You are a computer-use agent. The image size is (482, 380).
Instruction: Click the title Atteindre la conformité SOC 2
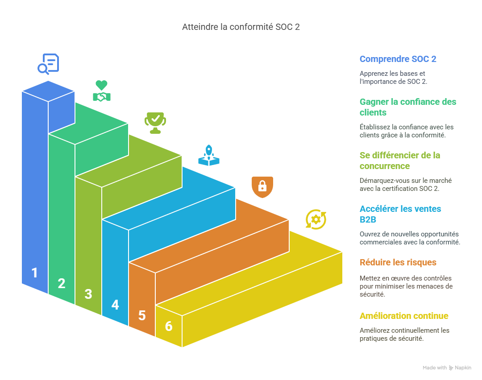(241, 27)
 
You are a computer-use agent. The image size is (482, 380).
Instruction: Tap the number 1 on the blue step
(35, 273)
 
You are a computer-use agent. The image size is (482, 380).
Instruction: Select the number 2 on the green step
(62, 283)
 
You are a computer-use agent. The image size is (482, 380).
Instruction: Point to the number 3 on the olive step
(88, 294)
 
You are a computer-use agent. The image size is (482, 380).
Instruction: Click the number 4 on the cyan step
(115, 305)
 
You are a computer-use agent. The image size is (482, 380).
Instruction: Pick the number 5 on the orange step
(142, 315)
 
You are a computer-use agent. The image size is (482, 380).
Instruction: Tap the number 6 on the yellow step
(169, 326)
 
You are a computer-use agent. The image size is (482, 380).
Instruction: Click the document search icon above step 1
(48, 63)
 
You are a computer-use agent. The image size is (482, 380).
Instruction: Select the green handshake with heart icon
(102, 91)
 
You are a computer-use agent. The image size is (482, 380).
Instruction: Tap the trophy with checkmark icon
(155, 123)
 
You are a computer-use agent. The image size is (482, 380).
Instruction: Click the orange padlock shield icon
(262, 187)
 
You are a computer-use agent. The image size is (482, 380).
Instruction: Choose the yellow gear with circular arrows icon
(316, 219)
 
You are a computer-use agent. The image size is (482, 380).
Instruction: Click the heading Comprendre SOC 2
(398, 59)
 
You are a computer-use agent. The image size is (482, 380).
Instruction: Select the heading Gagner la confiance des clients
(408, 107)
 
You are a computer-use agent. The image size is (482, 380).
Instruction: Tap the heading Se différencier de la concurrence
(400, 161)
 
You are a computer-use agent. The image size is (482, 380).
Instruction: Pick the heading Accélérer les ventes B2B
(400, 214)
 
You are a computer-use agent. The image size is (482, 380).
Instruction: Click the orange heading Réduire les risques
(398, 262)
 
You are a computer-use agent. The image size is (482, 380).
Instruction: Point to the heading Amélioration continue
(404, 316)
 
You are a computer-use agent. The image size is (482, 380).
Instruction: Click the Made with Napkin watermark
(447, 368)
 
